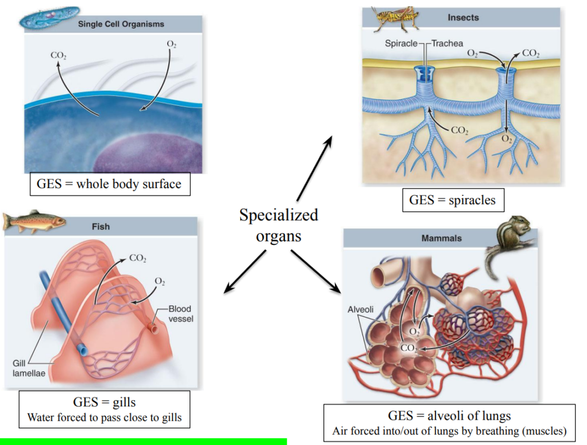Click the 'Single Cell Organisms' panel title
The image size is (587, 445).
tap(121, 24)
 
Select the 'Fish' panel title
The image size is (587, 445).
tap(101, 227)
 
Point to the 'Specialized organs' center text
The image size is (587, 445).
tap(279, 225)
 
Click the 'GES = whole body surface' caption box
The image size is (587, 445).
tap(109, 185)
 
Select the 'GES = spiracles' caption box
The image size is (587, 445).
tap(453, 201)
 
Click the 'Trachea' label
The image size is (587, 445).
tap(447, 43)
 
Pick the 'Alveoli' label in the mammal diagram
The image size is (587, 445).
tap(361, 309)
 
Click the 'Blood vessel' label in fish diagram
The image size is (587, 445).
tap(180, 313)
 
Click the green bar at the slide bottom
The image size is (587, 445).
tap(143, 442)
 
